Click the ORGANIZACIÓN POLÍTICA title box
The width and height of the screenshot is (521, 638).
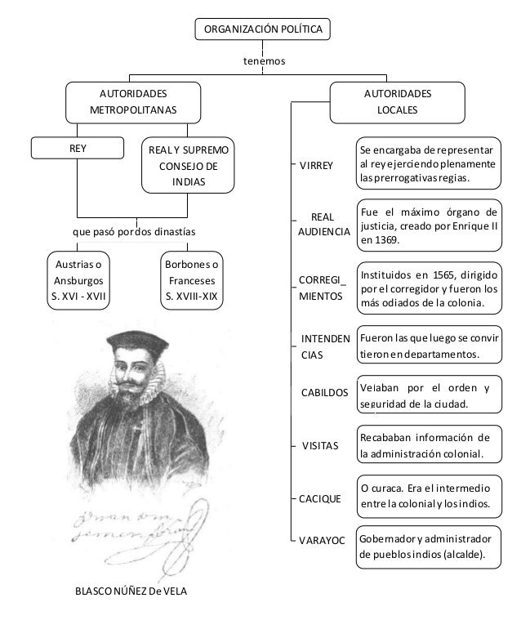click(262, 29)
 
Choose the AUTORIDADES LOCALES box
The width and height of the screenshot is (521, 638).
click(398, 101)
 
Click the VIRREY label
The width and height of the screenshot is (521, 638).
click(316, 166)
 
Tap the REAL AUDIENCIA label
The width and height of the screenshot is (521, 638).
click(323, 225)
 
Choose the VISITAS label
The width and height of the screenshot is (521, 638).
click(320, 447)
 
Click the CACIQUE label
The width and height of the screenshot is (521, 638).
click(322, 497)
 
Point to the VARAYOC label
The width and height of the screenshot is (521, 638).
click(323, 541)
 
